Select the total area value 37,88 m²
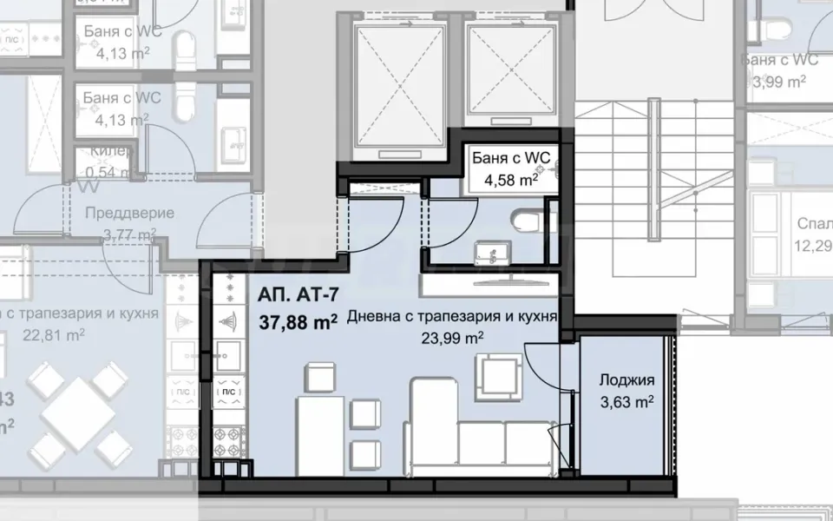tap(298, 322)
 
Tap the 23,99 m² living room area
tap(451, 338)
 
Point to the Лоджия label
tap(626, 380)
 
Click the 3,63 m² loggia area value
tap(626, 402)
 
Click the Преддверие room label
tap(130, 213)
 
